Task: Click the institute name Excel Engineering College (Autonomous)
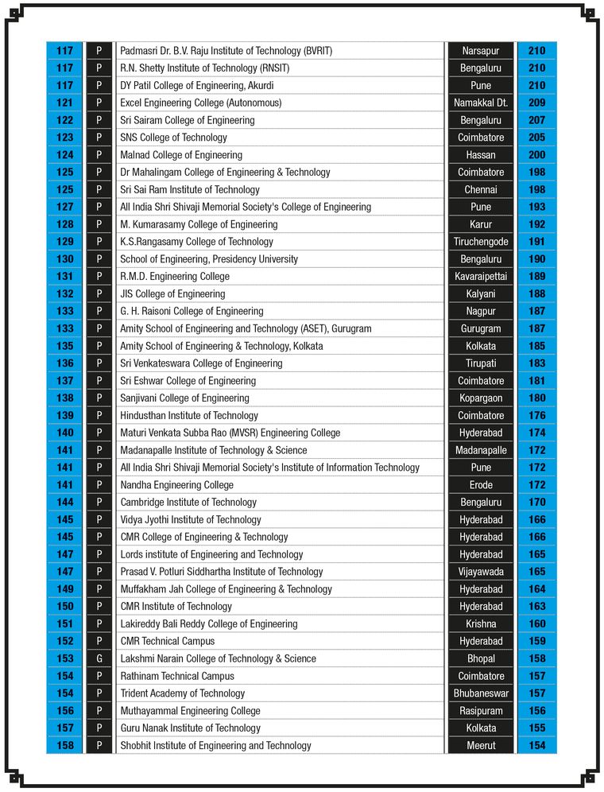point(200,103)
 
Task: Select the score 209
point(536,103)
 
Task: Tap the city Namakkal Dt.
point(480,103)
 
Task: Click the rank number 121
point(64,103)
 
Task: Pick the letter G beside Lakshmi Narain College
point(99,658)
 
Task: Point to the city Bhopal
point(480,658)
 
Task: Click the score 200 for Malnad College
point(536,155)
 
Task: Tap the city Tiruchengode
point(480,242)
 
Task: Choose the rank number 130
point(64,259)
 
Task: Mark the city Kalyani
point(480,294)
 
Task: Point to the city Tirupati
point(480,363)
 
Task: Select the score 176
point(536,415)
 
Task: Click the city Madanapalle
point(480,450)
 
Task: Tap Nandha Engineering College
point(176,485)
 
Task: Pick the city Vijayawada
point(480,572)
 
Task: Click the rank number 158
point(64,745)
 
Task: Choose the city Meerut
point(480,745)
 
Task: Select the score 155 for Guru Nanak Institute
point(536,728)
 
